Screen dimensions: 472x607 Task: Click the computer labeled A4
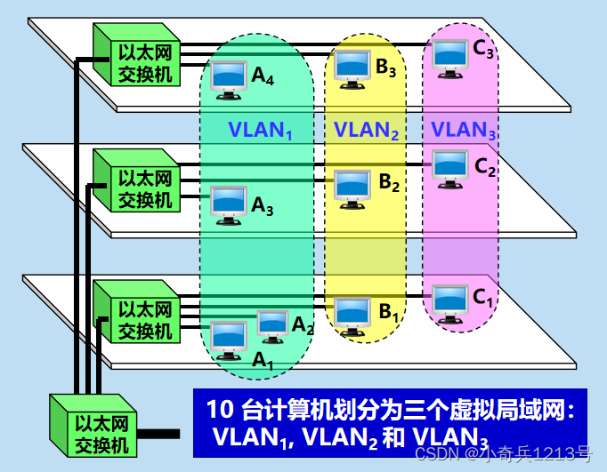[x=230, y=78]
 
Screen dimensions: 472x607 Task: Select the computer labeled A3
[x=229, y=203]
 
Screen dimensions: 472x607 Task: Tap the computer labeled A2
[x=271, y=325]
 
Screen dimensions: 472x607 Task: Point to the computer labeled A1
[x=227, y=339]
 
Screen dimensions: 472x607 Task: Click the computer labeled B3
[x=353, y=67]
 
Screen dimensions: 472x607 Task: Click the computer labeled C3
[x=449, y=56]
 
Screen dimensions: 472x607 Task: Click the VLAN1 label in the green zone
[x=260, y=131]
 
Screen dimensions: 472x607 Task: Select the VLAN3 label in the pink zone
[x=464, y=130]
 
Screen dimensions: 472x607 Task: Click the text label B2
[x=390, y=182]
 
